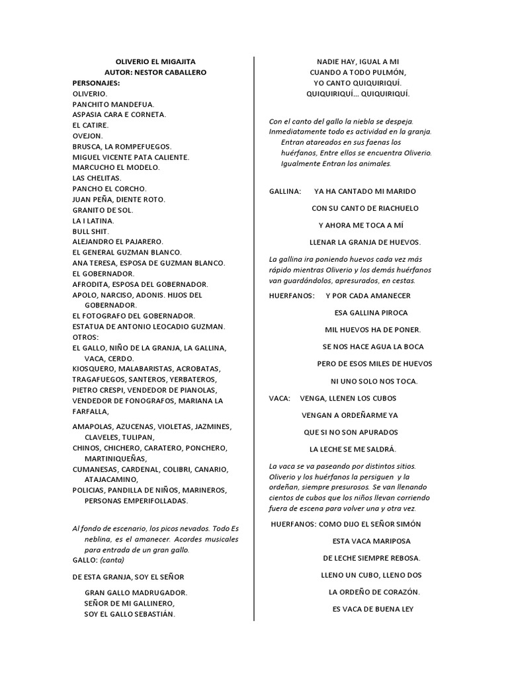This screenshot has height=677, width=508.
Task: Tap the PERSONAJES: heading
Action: click(x=96, y=83)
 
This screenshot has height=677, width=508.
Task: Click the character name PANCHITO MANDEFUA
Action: click(x=113, y=104)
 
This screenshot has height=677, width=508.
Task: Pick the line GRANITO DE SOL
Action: click(x=103, y=210)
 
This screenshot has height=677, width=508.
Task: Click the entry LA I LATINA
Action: click(x=93, y=220)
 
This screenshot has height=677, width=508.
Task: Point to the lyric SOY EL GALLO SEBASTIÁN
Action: click(x=130, y=614)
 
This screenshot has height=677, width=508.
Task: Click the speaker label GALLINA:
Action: click(x=285, y=191)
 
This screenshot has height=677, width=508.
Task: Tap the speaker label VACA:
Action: click(x=280, y=398)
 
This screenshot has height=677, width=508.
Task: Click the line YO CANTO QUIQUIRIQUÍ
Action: click(x=358, y=83)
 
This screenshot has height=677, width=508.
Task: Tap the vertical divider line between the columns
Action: click(x=255, y=331)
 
